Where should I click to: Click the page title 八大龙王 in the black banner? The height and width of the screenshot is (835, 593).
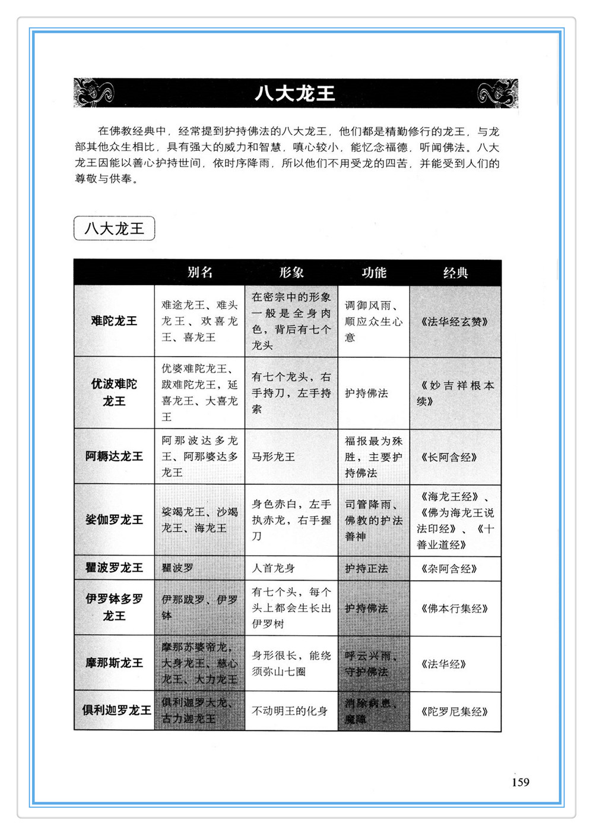tap(295, 93)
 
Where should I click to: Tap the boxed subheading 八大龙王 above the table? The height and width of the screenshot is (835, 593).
tap(114, 228)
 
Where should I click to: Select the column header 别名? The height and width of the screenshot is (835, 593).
tap(199, 272)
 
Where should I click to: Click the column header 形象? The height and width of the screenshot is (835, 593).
tap(291, 272)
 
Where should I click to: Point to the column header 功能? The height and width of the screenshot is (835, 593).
tap(373, 273)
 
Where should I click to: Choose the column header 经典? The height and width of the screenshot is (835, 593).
tap(455, 273)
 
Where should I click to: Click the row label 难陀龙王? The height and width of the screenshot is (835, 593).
tap(114, 321)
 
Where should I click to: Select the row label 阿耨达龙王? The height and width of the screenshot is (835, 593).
tap(114, 456)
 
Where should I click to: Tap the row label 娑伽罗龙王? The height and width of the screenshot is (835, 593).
tap(114, 520)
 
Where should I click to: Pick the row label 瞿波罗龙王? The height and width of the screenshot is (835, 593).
tap(114, 568)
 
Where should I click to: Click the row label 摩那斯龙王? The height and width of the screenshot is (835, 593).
tap(114, 663)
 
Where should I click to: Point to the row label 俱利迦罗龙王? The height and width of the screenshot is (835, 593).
tap(116, 710)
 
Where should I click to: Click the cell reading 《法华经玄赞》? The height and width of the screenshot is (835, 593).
tap(455, 322)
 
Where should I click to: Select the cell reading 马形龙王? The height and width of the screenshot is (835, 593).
tap(273, 456)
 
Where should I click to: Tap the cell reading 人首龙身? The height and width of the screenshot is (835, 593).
tap(273, 568)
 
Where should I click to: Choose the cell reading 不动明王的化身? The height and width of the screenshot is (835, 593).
tap(290, 711)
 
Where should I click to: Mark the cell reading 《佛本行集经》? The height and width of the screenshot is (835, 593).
tap(455, 608)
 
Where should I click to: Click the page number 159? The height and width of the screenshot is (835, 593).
tap(520, 782)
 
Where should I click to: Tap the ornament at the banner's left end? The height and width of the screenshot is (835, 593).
tap(94, 93)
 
